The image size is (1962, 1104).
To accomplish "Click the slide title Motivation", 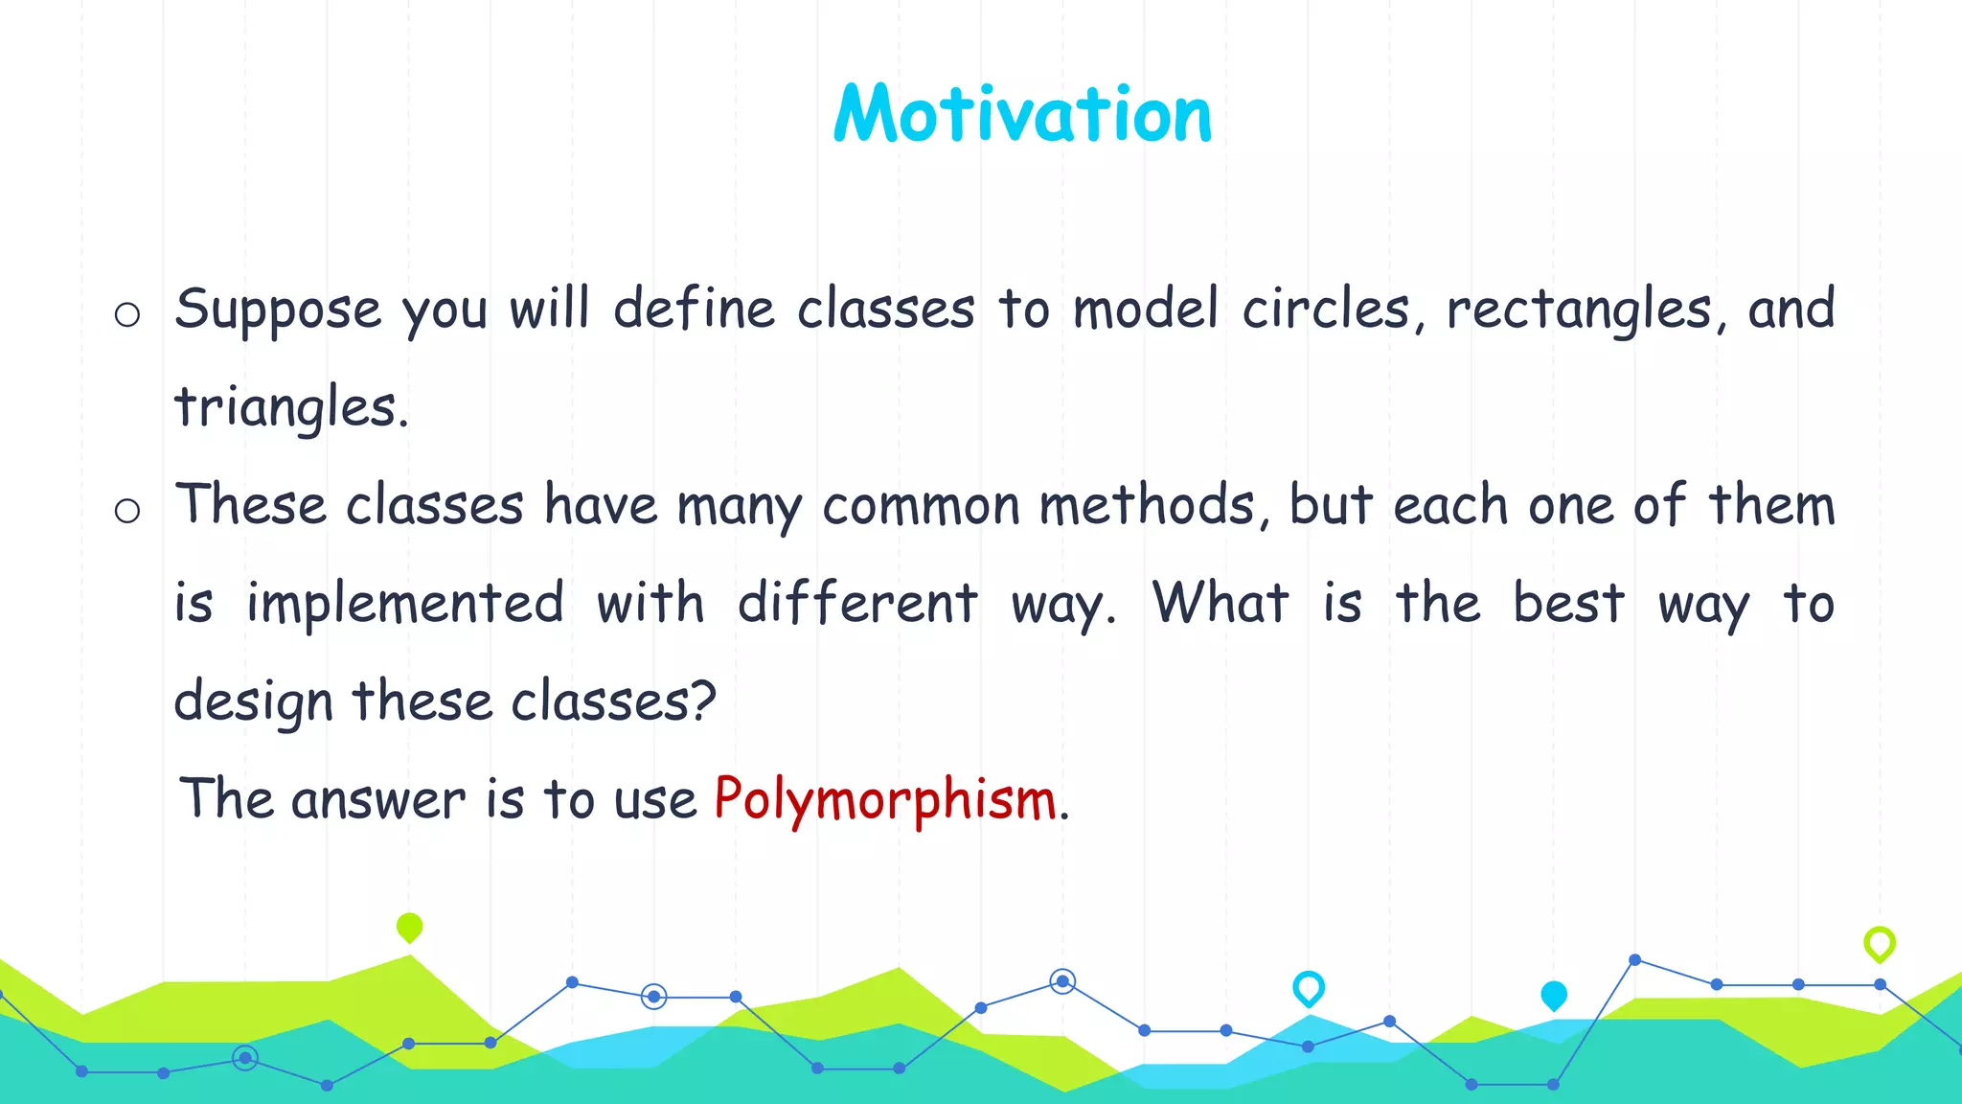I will coord(1022,114).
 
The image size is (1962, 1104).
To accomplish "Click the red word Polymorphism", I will coord(885,798).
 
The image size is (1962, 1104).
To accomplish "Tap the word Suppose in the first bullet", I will coord(278,310).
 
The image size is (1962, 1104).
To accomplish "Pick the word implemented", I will coord(405,604).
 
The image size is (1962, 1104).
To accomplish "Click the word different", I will coord(857,604).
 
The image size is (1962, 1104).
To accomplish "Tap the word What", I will coord(1221,604).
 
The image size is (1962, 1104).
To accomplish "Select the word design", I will coord(253,701).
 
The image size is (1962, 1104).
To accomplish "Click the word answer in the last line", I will coord(378,798).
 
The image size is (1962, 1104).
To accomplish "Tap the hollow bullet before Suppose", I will coord(127,314).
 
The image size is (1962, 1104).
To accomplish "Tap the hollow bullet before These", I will coord(127,510).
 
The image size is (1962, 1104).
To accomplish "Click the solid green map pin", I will coord(409,927).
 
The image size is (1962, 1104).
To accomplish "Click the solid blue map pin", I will coord(1554,995).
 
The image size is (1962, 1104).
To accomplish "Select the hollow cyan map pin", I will coord(1309,987).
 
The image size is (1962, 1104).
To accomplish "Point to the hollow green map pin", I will coord(1880,943).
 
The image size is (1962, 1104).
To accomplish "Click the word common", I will coord(922,505).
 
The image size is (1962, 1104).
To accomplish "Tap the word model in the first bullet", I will coord(1146,310).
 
